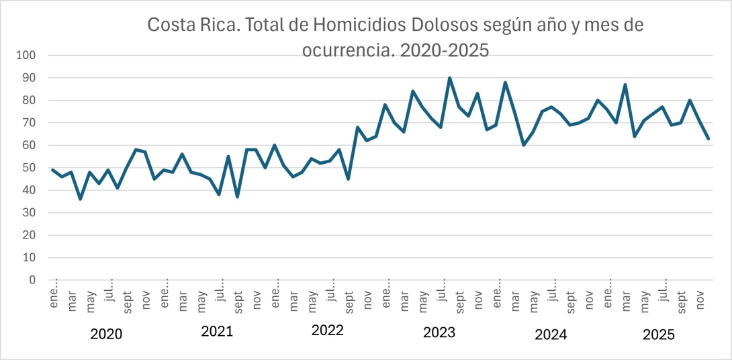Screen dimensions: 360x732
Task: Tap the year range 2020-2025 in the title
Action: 444,50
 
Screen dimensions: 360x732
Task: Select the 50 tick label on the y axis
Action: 30,168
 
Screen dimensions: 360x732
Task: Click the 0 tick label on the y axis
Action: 33,280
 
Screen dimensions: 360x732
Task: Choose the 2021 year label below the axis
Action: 217,331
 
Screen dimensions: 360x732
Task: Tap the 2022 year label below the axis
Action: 328,330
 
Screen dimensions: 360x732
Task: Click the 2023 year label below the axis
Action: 439,332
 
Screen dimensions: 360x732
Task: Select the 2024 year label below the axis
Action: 551,334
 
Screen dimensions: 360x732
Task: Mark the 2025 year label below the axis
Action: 659,334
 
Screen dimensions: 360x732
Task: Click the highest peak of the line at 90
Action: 449,78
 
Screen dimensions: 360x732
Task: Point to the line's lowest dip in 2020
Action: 81,199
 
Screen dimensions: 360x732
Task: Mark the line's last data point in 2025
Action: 708,138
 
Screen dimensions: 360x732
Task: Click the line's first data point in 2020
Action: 53,170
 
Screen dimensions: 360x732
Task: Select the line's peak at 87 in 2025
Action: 625,85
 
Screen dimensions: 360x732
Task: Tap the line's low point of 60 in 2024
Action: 523,145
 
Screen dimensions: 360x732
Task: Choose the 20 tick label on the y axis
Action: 30,235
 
